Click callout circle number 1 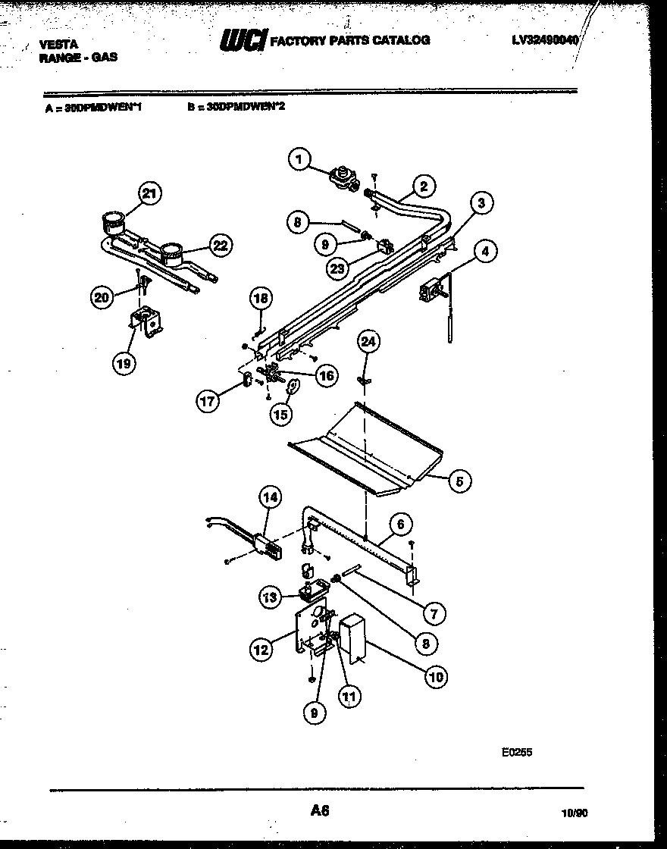(300, 159)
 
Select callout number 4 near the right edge (487, 250)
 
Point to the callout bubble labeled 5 (459, 480)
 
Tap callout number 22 (220, 245)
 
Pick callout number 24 (368, 343)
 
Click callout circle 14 (270, 498)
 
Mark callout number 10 (435, 676)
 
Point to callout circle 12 (261, 648)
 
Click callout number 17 (208, 401)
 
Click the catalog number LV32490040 (543, 39)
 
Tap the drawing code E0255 (517, 752)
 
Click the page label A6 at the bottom (319, 810)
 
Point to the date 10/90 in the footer (574, 813)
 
